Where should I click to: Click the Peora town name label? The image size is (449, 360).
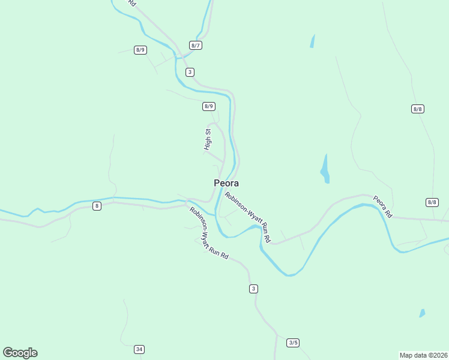tap(226, 183)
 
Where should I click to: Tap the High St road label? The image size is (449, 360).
tap(208, 139)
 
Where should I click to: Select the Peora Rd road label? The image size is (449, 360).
tap(382, 206)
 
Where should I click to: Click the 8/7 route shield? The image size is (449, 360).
tap(195, 45)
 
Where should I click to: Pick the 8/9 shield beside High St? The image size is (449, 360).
tap(208, 106)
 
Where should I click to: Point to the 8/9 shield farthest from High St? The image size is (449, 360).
tap(140, 50)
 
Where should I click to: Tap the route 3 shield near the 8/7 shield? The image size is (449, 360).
tap(190, 72)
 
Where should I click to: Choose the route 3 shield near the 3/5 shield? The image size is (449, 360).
tap(253, 289)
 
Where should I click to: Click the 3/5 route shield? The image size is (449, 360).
tap(293, 343)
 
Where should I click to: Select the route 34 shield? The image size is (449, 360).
tap(139, 349)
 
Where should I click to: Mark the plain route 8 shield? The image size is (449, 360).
tap(97, 206)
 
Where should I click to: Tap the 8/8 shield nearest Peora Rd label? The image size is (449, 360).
tap(432, 202)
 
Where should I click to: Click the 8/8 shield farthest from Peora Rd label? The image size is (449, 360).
tap(418, 109)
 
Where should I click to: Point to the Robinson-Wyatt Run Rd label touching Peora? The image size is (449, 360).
tap(248, 217)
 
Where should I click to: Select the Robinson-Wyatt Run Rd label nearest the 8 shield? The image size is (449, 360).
tap(209, 233)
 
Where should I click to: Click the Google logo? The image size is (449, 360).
tap(20, 353)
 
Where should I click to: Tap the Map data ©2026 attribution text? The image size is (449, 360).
tap(423, 355)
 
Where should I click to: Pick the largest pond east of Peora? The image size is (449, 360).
tap(325, 169)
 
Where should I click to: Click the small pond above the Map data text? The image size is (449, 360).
tap(422, 313)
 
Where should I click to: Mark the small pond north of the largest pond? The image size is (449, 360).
tap(312, 41)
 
